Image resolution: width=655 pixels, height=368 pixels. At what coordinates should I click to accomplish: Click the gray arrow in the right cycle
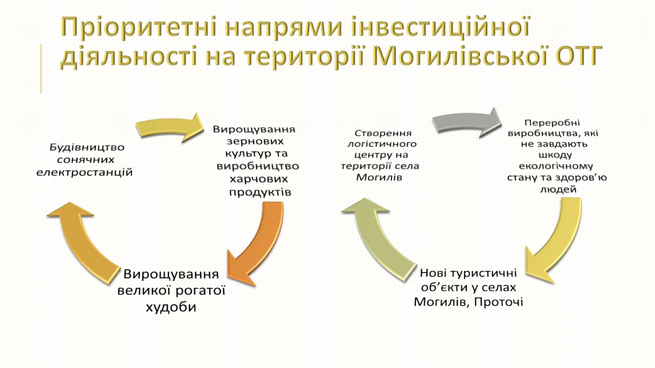pos(465,123)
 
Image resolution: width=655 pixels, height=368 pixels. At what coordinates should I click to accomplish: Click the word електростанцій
pos(84,172)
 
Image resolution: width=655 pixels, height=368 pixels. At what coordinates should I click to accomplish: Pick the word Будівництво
pos(87,147)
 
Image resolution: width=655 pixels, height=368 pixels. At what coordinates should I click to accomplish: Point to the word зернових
pos(255,141)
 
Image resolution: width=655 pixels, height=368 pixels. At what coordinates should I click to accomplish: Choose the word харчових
pos(259,179)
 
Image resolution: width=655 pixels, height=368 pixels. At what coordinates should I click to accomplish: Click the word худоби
pos(171,307)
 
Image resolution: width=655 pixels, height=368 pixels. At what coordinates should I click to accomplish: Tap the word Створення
pos(383,133)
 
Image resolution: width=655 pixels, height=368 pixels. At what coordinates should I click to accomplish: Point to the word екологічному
pos(556,166)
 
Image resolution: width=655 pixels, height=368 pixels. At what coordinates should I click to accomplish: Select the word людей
pos(558,189)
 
